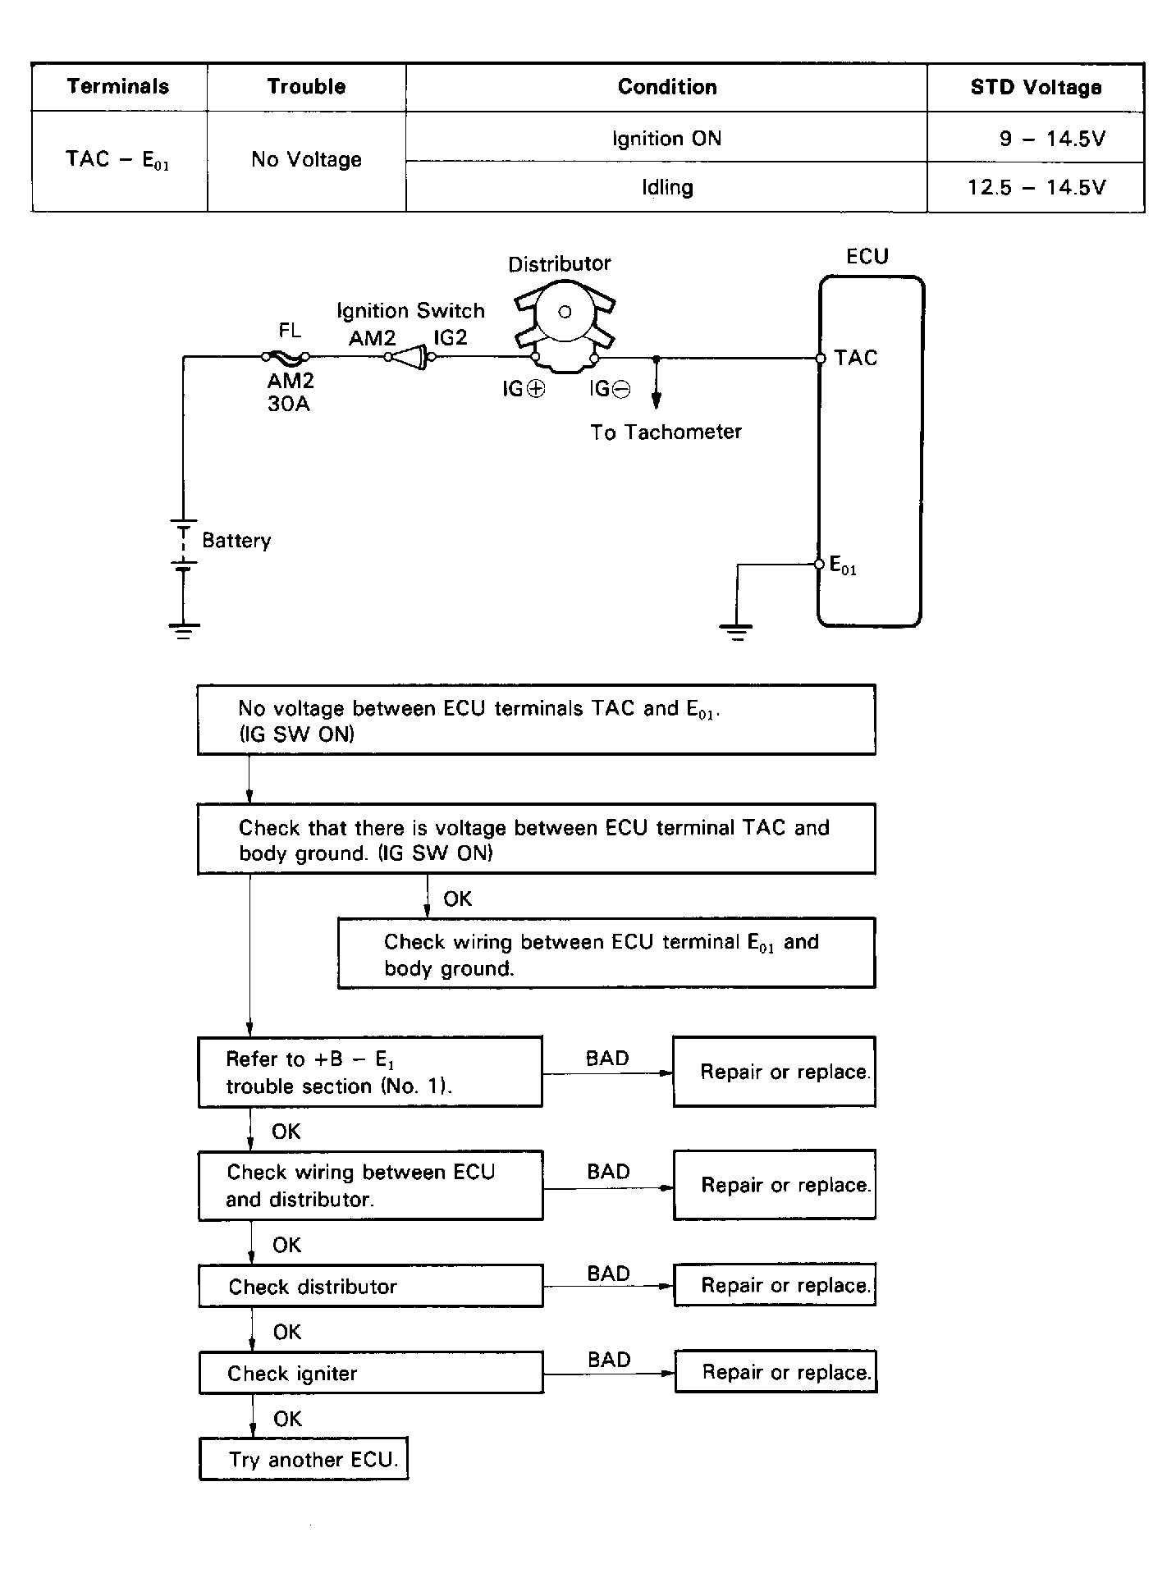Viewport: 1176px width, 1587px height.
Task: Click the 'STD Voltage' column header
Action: tap(1036, 87)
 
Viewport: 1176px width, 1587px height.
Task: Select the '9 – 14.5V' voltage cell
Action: tap(1052, 138)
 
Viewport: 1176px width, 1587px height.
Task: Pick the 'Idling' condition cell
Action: tap(666, 187)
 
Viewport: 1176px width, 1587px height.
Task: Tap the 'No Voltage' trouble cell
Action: tap(306, 159)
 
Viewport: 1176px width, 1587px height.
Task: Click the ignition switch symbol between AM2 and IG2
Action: tap(409, 357)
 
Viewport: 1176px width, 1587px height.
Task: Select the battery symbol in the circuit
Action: tap(184, 542)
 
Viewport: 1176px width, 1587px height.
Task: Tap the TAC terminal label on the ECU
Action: tap(855, 358)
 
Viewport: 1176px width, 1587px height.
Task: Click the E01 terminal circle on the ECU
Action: tap(819, 564)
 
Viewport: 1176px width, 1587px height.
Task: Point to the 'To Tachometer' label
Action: tap(666, 432)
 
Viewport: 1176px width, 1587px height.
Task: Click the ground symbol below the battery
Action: tap(184, 630)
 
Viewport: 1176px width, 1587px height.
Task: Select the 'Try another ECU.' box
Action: tap(304, 1458)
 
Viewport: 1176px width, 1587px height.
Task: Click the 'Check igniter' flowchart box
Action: tap(371, 1373)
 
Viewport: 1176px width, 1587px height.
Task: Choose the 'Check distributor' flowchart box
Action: tap(371, 1286)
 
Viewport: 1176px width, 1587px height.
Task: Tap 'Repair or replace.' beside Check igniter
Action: tap(776, 1372)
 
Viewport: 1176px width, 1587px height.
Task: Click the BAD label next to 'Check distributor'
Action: tap(608, 1273)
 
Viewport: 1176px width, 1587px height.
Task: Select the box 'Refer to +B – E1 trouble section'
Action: tap(370, 1072)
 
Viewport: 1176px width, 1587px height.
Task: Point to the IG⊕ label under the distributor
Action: tap(524, 389)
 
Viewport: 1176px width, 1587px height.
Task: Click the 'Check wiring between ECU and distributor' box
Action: tap(370, 1185)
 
